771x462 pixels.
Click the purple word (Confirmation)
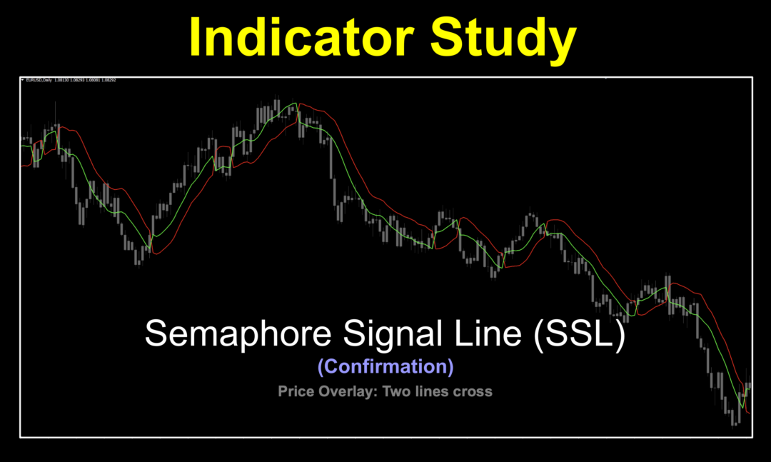coord(385,366)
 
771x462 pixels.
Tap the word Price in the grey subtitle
coord(294,391)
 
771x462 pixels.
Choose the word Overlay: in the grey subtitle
coord(344,391)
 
